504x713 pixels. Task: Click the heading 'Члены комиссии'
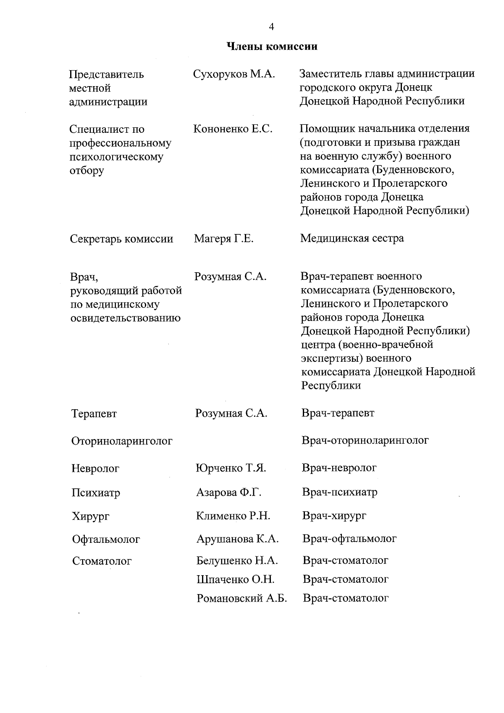[272, 46]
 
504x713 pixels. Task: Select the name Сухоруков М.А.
[234, 74]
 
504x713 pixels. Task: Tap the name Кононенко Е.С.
[233, 129]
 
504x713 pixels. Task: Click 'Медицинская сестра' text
[352, 238]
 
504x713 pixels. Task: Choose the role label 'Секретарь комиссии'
[121, 239]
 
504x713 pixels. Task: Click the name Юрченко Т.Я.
[231, 468]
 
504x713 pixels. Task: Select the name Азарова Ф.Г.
[228, 492]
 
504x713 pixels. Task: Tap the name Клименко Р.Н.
[233, 516]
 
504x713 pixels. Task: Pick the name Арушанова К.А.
[237, 539]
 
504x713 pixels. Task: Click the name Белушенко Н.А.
[237, 560]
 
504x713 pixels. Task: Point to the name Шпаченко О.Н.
[235, 579]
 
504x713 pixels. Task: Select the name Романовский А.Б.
[241, 598]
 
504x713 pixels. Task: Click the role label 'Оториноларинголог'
[122, 441]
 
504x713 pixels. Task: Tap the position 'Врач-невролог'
[339, 467]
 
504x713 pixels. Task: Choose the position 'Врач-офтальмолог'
[349, 538]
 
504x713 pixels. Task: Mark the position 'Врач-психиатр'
[339, 492]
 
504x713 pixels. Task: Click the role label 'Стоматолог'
[102, 561]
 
